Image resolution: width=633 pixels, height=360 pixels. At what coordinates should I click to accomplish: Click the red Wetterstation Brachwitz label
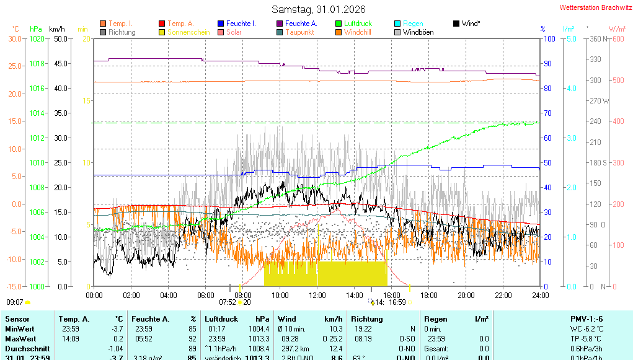(591, 7)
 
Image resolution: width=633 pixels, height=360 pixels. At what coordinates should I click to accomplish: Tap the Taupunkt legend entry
(299, 32)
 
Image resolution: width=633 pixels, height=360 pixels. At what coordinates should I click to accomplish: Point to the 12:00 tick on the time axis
(317, 295)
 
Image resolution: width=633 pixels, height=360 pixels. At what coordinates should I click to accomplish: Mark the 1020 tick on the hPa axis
(37, 38)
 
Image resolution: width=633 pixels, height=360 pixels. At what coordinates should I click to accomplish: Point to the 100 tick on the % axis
(549, 38)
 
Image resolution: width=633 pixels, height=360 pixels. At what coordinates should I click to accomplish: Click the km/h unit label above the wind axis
(56, 29)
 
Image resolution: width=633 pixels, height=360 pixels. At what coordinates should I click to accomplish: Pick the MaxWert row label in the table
(20, 339)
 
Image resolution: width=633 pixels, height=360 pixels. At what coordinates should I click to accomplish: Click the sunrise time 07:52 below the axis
(228, 302)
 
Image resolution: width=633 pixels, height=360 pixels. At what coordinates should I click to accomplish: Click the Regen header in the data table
(436, 319)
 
